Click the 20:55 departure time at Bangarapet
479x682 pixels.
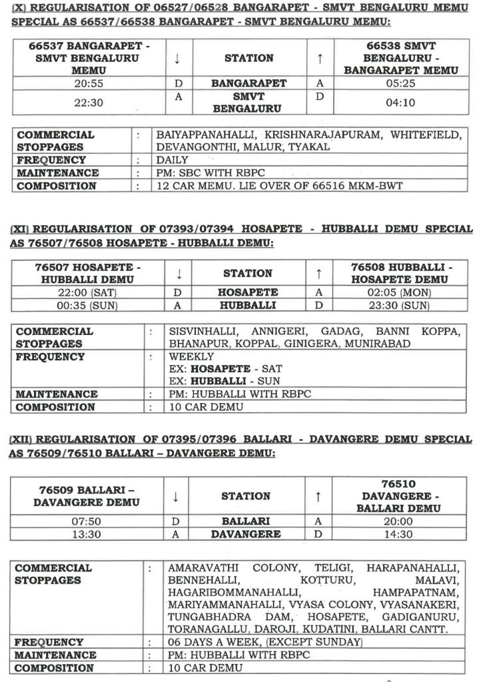[83, 84]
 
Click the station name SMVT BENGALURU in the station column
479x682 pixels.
[248, 103]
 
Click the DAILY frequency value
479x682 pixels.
[172, 160]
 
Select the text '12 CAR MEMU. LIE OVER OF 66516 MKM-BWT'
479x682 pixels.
[279, 186]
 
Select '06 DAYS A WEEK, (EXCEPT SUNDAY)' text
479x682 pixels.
[265, 642]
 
